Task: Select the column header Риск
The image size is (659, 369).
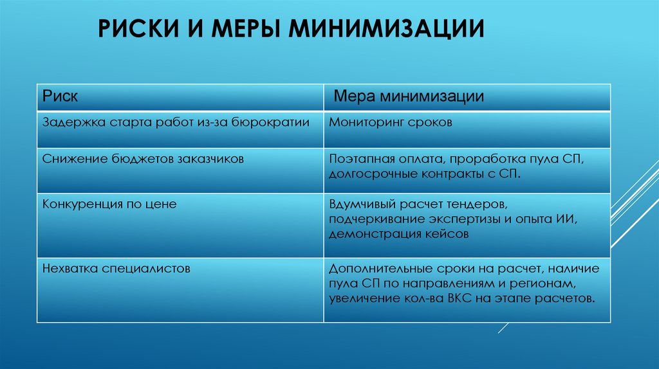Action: tap(60, 97)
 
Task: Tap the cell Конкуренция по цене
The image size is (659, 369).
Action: tap(109, 204)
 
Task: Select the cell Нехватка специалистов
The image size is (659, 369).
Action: tap(116, 268)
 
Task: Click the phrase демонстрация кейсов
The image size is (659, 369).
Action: tap(398, 235)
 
